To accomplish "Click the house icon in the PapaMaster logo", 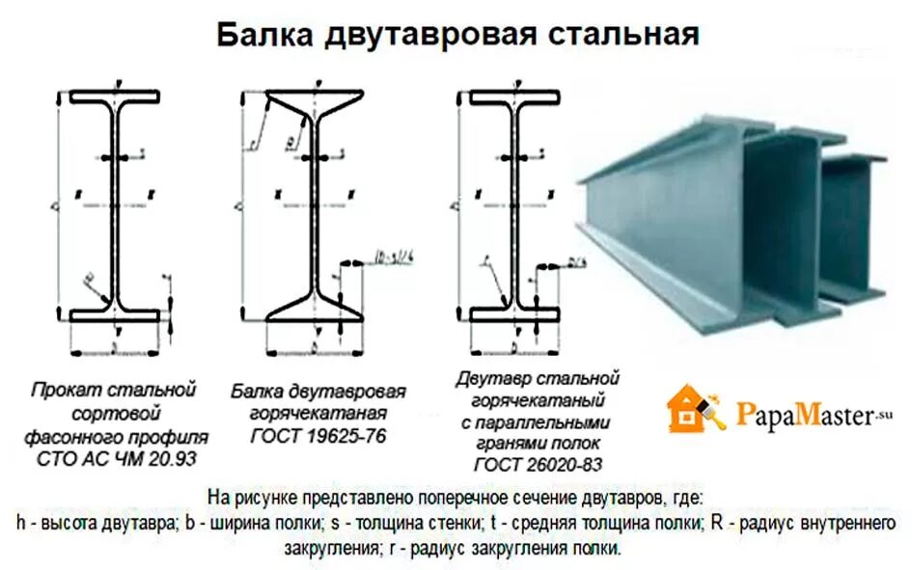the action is tap(692, 410).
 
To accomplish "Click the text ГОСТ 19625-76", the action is tap(318, 435).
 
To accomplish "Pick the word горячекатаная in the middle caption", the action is tap(318, 414).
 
